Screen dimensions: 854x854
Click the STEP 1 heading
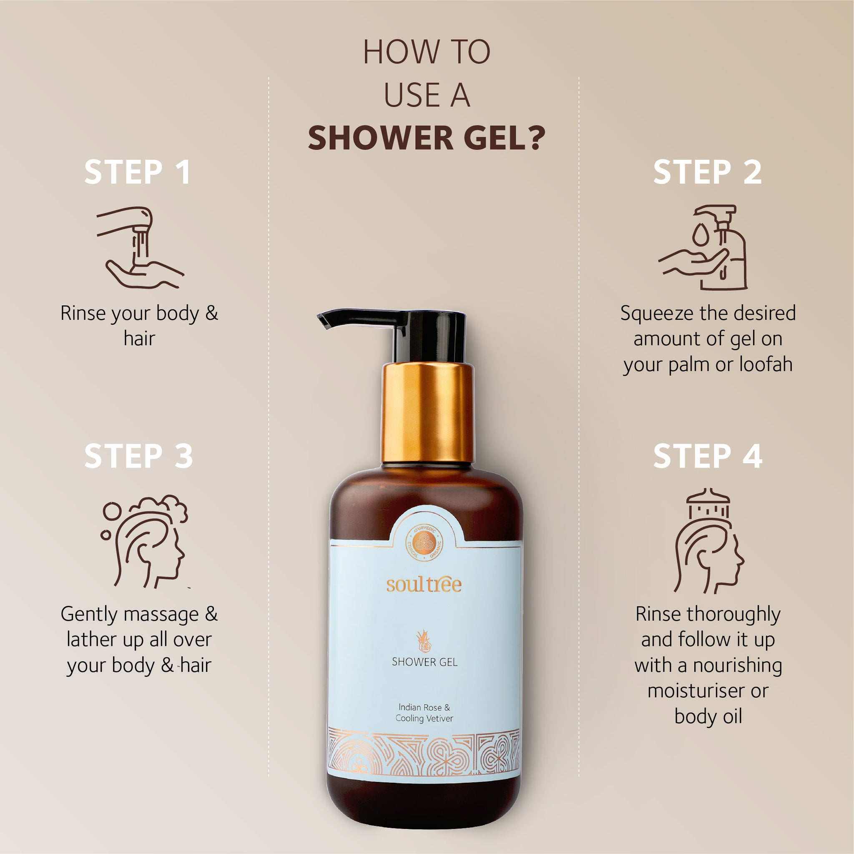pyautogui.click(x=138, y=172)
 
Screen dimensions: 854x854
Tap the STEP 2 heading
pyautogui.click(x=708, y=172)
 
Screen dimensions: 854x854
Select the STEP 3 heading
pyautogui.click(x=138, y=456)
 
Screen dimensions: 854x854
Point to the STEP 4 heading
pyautogui.click(x=708, y=456)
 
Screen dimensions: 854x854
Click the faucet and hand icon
pyautogui.click(x=141, y=248)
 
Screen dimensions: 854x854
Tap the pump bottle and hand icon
pyautogui.click(x=703, y=247)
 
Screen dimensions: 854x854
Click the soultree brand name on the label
pyautogui.click(x=424, y=584)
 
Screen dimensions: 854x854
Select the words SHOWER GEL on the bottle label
pyautogui.click(x=424, y=662)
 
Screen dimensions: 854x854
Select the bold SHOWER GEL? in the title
pyautogui.click(x=427, y=138)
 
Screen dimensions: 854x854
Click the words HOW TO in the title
pyautogui.click(x=427, y=52)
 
